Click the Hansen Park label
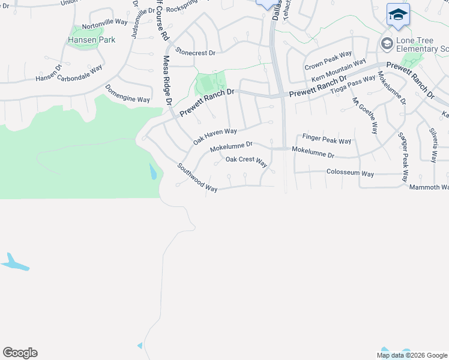91,40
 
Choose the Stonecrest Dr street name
195,53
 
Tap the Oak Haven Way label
215,136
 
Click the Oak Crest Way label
246,160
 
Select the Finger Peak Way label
327,140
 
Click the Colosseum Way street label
350,174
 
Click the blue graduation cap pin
398,14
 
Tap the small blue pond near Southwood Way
152,173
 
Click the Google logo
20,353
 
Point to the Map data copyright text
411,355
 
